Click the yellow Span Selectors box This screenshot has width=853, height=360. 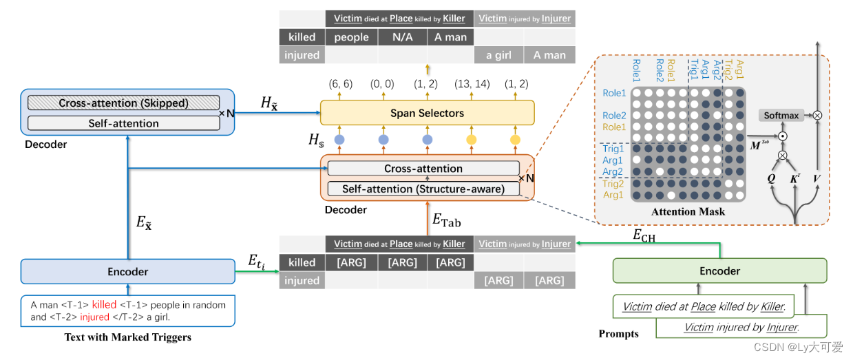(427, 112)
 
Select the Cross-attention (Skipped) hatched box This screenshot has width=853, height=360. (123, 103)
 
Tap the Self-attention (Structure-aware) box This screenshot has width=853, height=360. (423, 188)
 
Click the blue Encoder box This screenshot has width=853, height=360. (127, 272)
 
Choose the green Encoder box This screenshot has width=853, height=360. (719, 271)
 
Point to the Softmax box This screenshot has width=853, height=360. (781, 116)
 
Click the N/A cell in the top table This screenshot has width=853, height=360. (402, 37)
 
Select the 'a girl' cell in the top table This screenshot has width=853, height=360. (498, 55)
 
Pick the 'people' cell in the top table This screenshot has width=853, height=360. (352, 37)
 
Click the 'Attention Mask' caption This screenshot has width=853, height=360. (688, 212)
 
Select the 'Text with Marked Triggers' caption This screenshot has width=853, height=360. (127, 337)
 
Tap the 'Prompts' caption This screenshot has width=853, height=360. (618, 334)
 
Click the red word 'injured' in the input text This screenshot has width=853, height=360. (94, 317)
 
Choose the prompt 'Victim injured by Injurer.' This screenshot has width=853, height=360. (741, 327)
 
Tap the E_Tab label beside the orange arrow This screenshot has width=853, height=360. (446, 220)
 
